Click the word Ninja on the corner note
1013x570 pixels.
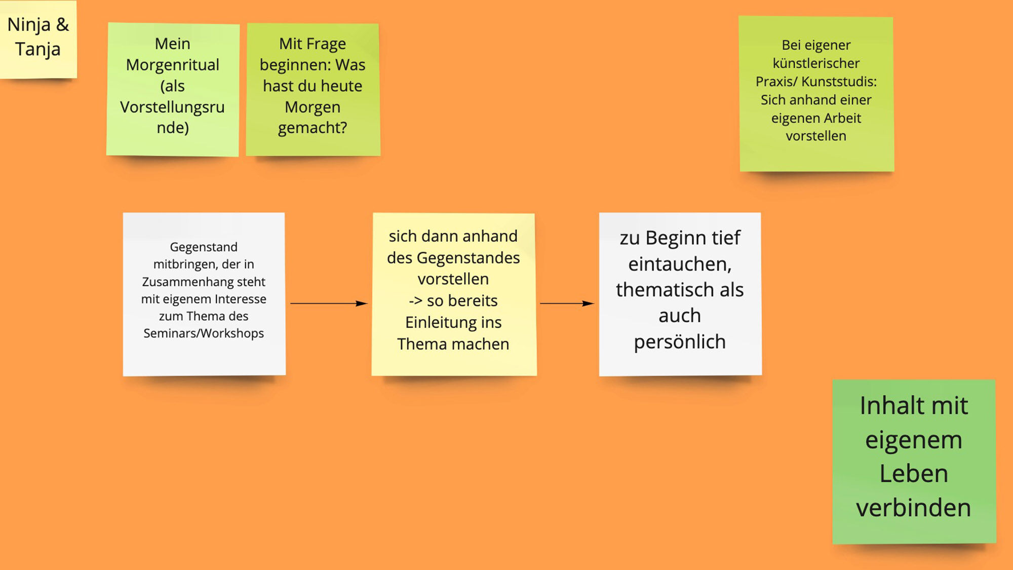28,25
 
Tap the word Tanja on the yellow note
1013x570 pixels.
37,50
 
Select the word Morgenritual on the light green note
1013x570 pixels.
172,65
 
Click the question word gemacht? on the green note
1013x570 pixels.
313,128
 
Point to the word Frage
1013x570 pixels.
326,44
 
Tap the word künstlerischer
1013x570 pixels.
816,63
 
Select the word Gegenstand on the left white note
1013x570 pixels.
203,247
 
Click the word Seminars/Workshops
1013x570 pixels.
203,333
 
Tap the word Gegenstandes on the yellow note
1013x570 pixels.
468,258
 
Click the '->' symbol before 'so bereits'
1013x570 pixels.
415,301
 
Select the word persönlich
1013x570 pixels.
680,342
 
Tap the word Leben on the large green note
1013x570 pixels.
913,474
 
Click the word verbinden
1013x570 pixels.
913,508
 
